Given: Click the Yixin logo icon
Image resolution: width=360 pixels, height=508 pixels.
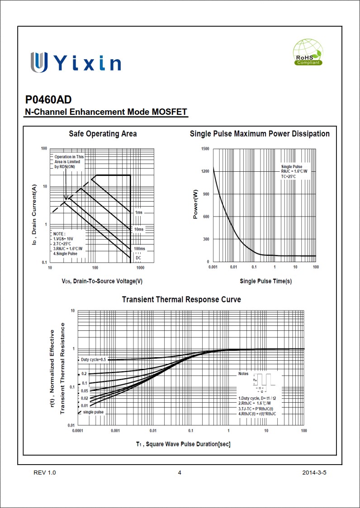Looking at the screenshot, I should tap(39, 62).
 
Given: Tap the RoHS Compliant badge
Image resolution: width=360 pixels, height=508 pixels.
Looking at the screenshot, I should tap(308, 52).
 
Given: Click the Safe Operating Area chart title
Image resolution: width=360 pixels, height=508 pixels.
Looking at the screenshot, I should tap(103, 134).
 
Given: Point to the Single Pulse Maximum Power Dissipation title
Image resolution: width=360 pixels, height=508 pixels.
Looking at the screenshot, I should tap(260, 134).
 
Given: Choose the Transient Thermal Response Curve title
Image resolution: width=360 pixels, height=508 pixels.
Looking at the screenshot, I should tap(181, 300).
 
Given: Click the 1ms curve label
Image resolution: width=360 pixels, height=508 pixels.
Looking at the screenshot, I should tap(138, 212).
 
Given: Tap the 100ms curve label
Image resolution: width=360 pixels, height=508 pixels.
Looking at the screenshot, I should tap(139, 249).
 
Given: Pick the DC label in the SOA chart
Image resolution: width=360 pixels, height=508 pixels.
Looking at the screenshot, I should tap(138, 258).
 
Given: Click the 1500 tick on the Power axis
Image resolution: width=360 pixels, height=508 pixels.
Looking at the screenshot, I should tap(205, 149).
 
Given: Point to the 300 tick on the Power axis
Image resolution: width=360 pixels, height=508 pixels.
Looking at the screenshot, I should tap(206, 239).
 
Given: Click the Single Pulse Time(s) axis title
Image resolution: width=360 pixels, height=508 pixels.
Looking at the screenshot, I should tap(265, 281).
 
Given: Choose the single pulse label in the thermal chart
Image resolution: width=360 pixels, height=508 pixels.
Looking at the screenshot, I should tap(93, 412).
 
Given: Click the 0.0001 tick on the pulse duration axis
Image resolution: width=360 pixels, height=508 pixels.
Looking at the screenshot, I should tap(78, 431).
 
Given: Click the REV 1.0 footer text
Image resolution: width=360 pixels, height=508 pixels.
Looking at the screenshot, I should tap(45, 473).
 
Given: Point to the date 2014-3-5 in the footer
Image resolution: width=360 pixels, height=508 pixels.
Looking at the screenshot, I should tap(314, 473).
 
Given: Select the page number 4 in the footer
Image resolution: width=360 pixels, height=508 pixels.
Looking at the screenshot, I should tap(180, 473).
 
